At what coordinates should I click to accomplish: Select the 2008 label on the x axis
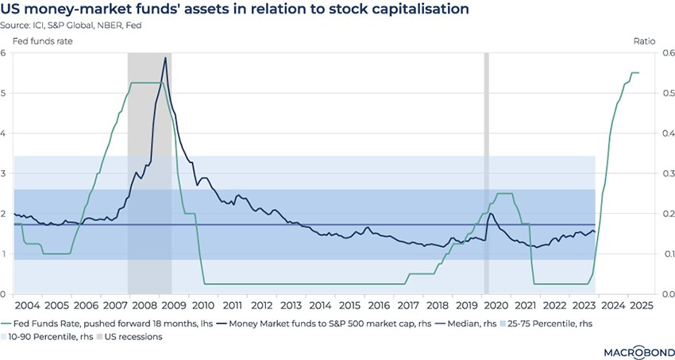point(145,305)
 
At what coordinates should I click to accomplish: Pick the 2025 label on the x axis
point(642,305)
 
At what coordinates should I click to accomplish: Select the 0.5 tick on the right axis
point(665,93)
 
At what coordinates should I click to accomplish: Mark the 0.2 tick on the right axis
point(665,214)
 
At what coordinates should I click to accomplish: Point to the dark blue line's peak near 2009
point(165,57)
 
